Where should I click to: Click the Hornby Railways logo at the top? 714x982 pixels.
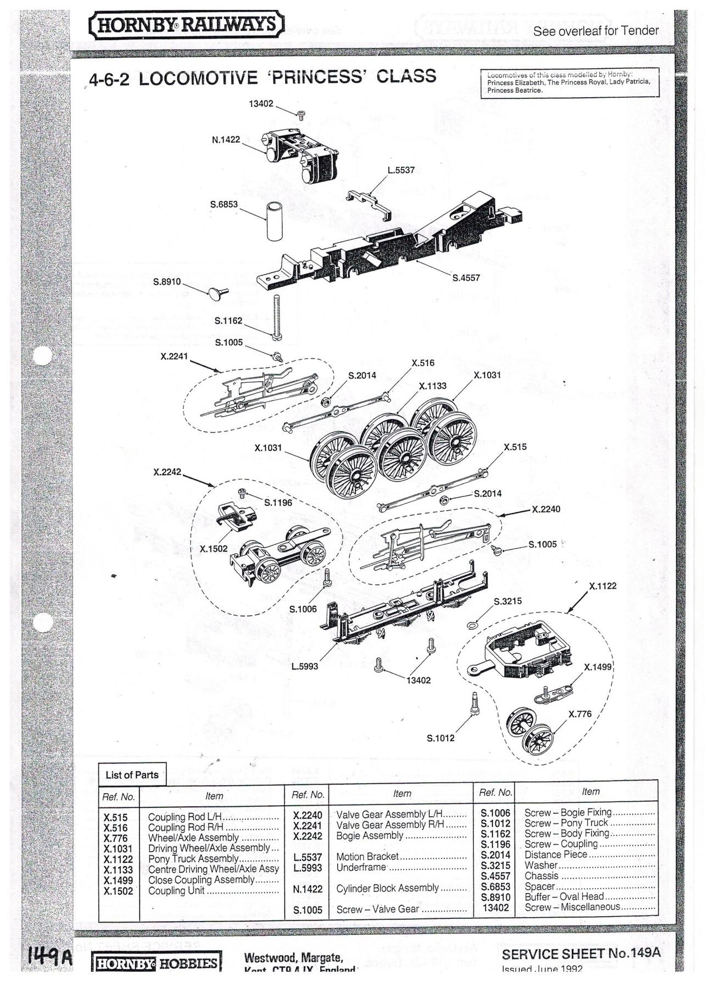tap(186, 25)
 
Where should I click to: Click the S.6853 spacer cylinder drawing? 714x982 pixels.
tap(275, 221)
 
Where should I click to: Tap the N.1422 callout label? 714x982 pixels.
tap(226, 140)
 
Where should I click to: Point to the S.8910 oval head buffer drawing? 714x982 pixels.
tap(216, 293)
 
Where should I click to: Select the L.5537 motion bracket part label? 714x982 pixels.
tap(401, 170)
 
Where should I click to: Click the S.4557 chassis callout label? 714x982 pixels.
tap(466, 278)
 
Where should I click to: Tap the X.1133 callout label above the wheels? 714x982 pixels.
tap(432, 386)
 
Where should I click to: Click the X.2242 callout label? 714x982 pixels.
tap(167, 472)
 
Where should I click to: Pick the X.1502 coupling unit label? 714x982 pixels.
tap(213, 549)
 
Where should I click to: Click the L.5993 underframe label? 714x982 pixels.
tap(305, 666)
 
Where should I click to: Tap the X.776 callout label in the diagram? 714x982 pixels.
tap(580, 714)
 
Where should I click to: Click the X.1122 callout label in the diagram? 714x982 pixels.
tap(603, 586)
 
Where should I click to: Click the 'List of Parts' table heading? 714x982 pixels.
tap(132, 775)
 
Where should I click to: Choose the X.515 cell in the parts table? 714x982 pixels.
tap(115, 817)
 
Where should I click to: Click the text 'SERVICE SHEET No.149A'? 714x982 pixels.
tap(581, 953)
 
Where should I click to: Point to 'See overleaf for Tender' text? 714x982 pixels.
tap(595, 31)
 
